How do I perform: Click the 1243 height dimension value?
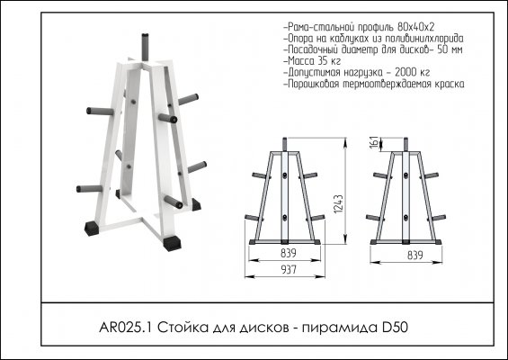coord(338,204)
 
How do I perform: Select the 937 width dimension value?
coord(289,269)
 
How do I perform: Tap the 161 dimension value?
coord(374,143)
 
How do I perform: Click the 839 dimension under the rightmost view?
coord(415,256)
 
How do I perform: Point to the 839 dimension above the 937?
coord(289,253)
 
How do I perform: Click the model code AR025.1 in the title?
coord(126,328)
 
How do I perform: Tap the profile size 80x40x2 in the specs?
coord(416,27)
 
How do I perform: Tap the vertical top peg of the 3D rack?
coord(145,47)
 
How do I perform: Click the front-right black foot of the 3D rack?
coord(172,243)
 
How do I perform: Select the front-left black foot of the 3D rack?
coord(92,229)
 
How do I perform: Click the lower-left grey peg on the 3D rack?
coord(89,189)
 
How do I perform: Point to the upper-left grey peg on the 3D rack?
coord(100,112)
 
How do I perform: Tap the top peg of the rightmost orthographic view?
coord(406,144)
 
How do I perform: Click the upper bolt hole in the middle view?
coord(285,175)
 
